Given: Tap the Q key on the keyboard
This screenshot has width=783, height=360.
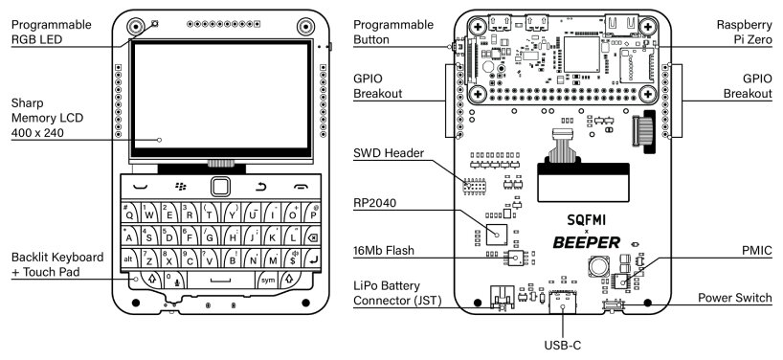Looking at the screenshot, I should pos(129,214).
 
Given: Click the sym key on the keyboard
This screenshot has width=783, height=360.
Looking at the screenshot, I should pos(267,280).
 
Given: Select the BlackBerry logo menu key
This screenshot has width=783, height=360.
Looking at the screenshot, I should pos(179,186).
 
